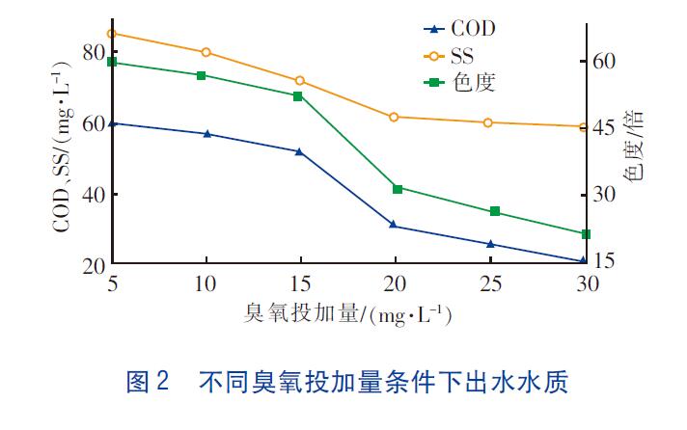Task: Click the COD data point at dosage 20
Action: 395,225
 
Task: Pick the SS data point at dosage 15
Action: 300,80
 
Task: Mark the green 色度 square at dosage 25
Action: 495,211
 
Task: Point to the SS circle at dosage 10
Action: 206,52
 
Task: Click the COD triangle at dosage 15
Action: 300,151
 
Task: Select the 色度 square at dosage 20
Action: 396,188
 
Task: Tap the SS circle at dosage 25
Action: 490,122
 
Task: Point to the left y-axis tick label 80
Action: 93,52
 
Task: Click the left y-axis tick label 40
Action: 93,194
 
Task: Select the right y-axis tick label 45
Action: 603,127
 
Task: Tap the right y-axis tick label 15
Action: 603,261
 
